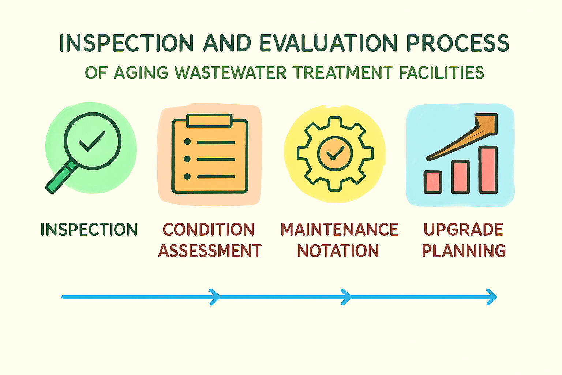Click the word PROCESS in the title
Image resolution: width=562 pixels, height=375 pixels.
pos(458,43)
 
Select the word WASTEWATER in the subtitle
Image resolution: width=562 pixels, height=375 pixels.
pos(230,73)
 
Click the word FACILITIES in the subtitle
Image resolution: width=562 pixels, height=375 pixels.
pos(442,73)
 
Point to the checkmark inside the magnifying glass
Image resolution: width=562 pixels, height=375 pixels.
pos(92,141)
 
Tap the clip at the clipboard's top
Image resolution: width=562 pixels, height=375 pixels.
pos(209,121)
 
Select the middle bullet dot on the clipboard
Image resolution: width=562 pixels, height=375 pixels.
pos(187,159)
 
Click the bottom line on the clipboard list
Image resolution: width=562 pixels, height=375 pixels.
pos(216,177)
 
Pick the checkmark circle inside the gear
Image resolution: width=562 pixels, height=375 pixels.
pos(335,154)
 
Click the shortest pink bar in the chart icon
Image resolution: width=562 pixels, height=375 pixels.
pos(433,182)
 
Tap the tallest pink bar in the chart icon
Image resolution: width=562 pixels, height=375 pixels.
pos(488,170)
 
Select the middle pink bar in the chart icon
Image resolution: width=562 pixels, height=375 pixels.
pos(460,177)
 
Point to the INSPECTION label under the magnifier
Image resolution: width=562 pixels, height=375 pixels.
pos(89,229)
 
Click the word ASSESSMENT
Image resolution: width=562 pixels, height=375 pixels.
pos(210,250)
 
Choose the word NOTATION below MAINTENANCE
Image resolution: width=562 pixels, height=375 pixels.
pos(338,250)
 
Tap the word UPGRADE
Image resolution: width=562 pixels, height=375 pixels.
pos(464,229)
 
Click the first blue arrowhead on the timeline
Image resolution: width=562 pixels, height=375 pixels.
pos(214,297)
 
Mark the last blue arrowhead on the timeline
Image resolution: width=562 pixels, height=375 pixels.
pos(492,297)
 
